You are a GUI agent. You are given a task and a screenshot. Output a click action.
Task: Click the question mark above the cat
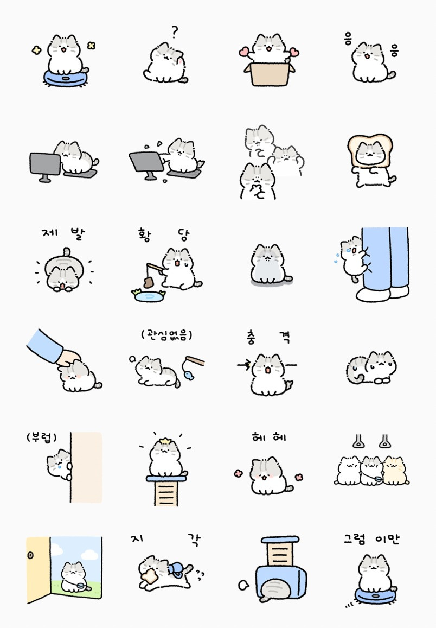[x=174, y=31]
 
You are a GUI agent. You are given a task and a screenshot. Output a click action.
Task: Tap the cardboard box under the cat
[x=269, y=74]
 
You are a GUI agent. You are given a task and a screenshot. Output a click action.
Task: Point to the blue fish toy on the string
[x=189, y=375]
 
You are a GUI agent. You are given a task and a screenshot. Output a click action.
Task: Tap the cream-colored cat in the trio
[x=395, y=471]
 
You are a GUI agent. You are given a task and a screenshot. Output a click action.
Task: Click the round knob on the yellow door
[x=30, y=555]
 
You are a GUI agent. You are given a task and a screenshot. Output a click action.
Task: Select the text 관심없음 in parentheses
[x=166, y=334]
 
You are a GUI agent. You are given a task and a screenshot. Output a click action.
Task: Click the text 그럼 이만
[x=371, y=539]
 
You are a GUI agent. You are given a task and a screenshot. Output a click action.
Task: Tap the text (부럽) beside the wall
[x=42, y=437]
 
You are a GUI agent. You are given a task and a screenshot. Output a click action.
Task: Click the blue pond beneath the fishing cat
[x=149, y=296]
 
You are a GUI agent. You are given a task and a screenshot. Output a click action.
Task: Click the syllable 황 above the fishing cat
[x=145, y=234]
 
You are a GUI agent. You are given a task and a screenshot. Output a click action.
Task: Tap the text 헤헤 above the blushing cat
[x=269, y=437]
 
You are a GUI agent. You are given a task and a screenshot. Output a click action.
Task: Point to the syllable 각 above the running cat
[x=194, y=540]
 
